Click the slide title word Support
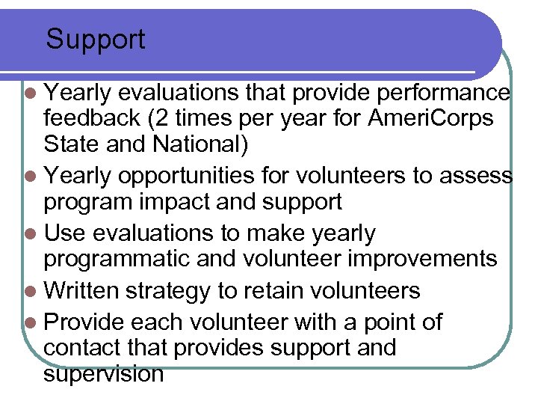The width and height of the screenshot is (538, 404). pyautogui.click(x=96, y=39)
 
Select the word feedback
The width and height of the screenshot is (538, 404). pyautogui.click(x=92, y=117)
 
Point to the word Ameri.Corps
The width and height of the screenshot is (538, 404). pyautogui.click(x=430, y=117)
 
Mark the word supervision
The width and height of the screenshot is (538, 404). pyautogui.click(x=103, y=373)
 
